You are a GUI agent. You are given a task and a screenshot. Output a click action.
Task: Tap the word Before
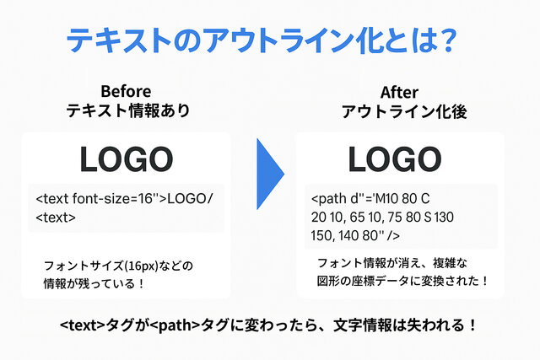click(x=126, y=92)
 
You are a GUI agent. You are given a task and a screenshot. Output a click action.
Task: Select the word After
click(x=399, y=93)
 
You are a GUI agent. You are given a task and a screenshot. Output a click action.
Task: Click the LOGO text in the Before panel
click(x=127, y=159)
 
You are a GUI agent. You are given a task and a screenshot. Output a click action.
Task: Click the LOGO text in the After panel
click(x=395, y=159)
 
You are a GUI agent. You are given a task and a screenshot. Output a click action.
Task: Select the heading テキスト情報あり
click(x=128, y=110)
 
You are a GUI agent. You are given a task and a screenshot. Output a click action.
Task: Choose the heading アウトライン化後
click(x=404, y=112)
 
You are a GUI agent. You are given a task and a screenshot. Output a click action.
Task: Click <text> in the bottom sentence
click(x=82, y=325)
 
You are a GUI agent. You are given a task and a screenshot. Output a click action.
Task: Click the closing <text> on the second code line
click(x=56, y=218)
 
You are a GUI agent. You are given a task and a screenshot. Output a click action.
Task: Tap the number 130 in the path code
click(x=444, y=218)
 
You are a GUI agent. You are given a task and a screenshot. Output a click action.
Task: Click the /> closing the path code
click(x=393, y=236)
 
